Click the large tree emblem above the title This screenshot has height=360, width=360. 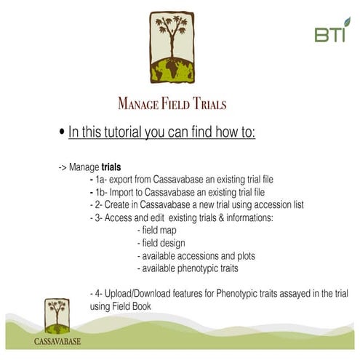(x=180, y=47)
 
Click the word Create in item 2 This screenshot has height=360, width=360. (x=116, y=204)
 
